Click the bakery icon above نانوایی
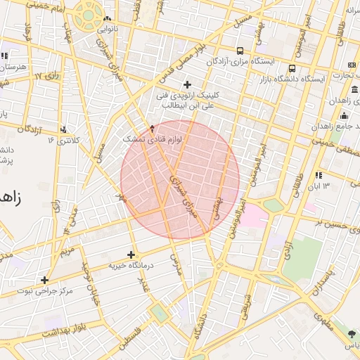coord(107,19)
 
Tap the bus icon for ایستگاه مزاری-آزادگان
coord(240,51)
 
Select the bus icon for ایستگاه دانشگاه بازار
coord(292,68)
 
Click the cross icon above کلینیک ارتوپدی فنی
coord(187,85)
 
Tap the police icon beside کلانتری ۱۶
coord(65,129)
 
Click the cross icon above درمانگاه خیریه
coord(131,255)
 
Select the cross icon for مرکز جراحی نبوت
coord(44,280)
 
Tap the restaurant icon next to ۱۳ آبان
coord(319,175)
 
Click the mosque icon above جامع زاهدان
coord(344,115)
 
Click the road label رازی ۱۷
coord(49,74)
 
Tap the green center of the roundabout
coord(89,13)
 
